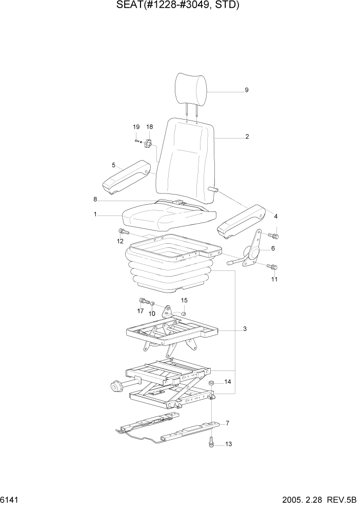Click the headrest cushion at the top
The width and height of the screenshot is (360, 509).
pyautogui.click(x=192, y=87)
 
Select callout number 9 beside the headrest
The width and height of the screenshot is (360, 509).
pyautogui.click(x=246, y=90)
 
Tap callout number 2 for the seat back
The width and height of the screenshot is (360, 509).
pyautogui.click(x=247, y=137)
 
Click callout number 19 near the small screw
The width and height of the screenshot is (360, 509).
pyautogui.click(x=136, y=127)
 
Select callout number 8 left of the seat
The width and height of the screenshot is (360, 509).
pyautogui.click(x=95, y=199)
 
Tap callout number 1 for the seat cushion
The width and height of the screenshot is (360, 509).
pyautogui.click(x=95, y=216)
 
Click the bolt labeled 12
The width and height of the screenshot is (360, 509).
pyautogui.click(x=122, y=231)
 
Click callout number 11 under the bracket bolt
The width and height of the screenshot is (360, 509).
pyautogui.click(x=274, y=279)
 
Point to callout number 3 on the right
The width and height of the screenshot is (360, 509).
pyautogui.click(x=245, y=329)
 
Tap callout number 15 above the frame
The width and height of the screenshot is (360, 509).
pyautogui.click(x=184, y=300)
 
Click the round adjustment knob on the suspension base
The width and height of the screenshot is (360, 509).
pyautogui.click(x=116, y=385)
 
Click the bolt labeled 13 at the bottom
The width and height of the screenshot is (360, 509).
pyautogui.click(x=211, y=442)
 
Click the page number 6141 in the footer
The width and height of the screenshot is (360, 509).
pyautogui.click(x=11, y=499)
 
